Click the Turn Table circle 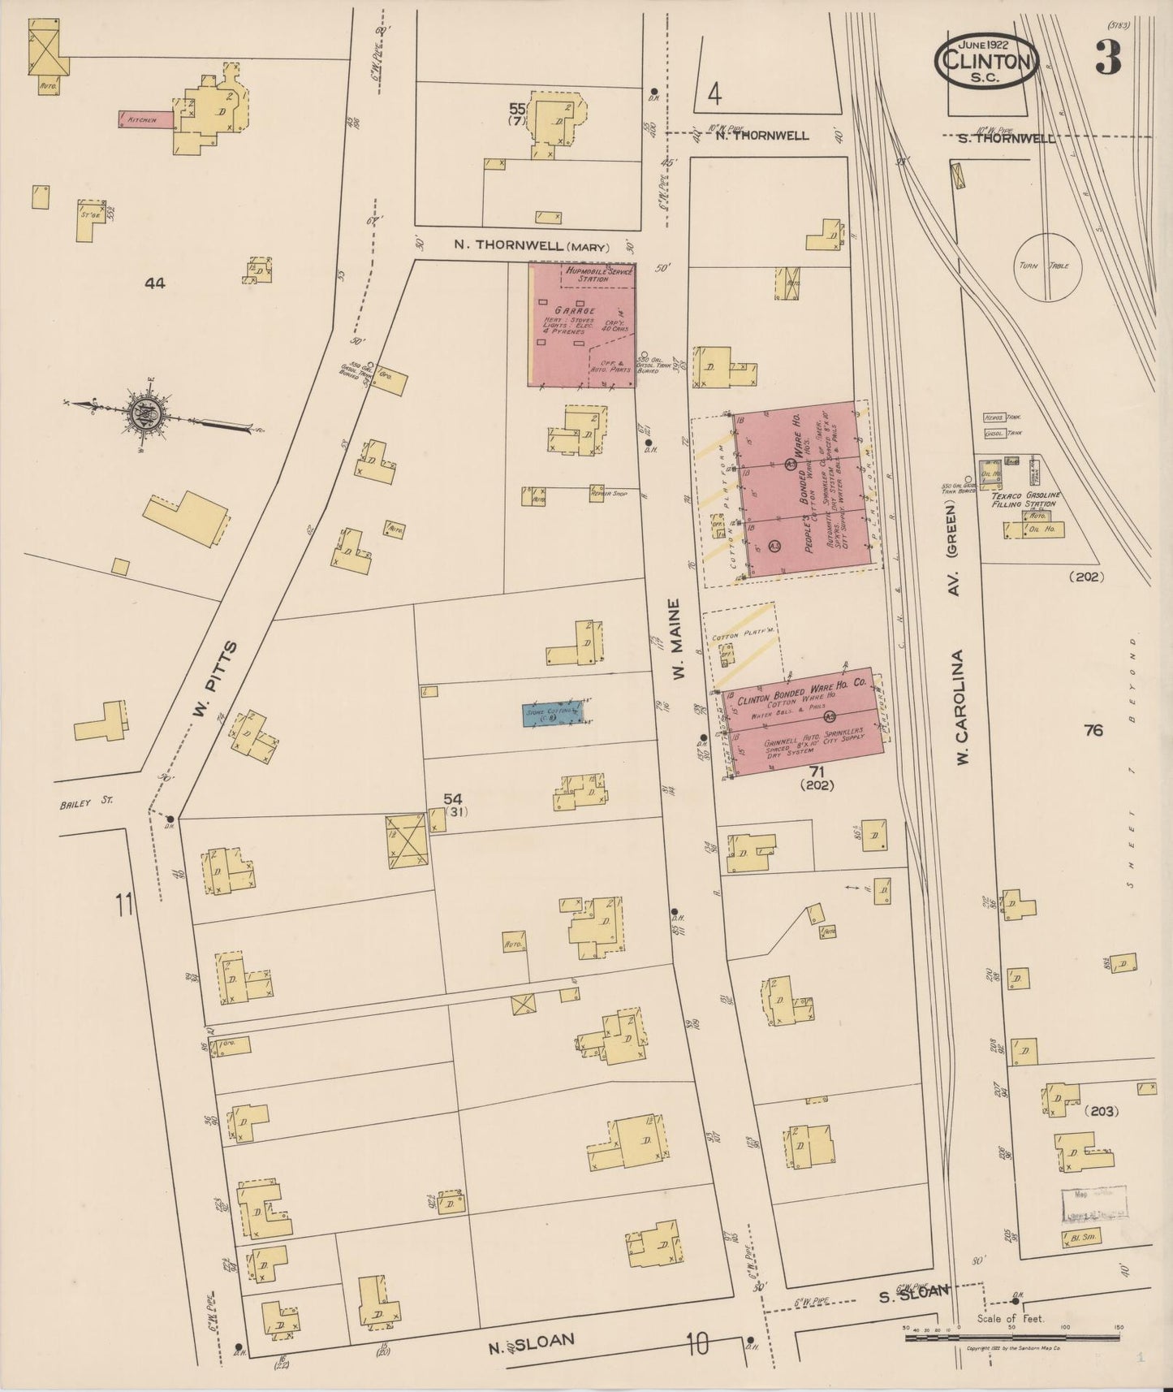point(1052,266)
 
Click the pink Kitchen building point(146,119)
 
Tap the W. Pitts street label point(216,679)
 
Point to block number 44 point(154,283)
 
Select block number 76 point(1093,730)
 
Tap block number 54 point(452,800)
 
